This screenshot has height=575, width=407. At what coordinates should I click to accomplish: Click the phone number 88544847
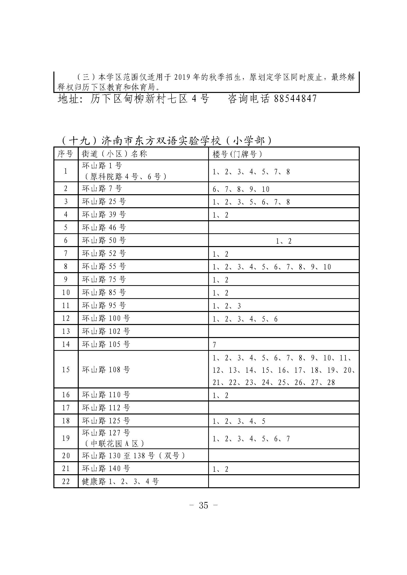(296, 99)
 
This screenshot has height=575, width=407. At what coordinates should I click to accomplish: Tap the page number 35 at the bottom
(203, 505)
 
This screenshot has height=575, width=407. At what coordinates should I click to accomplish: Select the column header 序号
(65, 154)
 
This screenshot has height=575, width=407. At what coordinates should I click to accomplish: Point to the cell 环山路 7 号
(102, 189)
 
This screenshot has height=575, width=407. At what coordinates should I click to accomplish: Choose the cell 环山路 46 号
(104, 227)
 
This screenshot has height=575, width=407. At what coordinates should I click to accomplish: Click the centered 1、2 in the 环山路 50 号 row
(284, 241)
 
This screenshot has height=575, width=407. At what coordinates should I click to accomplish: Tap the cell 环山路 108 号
(106, 369)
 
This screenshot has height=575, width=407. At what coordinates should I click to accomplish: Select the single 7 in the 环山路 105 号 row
(214, 345)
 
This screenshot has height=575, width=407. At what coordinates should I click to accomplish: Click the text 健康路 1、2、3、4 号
(120, 481)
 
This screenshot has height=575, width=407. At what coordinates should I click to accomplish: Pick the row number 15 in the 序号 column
(66, 369)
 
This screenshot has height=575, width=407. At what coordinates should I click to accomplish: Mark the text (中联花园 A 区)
(114, 443)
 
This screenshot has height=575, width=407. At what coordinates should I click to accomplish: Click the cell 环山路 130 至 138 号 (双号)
(134, 455)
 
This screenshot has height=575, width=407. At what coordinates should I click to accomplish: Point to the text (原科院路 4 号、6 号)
(125, 177)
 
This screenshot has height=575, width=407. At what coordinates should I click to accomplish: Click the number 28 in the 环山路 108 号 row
(331, 383)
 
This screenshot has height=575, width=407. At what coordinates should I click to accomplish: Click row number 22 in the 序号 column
(66, 481)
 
